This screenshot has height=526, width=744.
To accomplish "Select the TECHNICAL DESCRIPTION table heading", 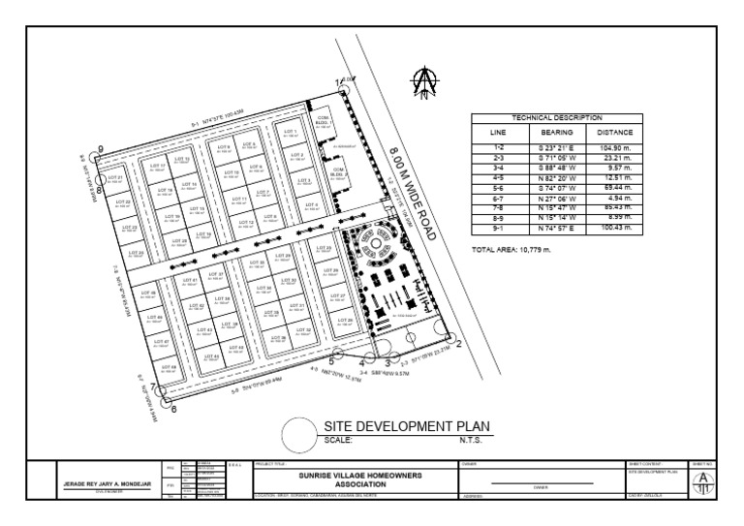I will coord(555,116).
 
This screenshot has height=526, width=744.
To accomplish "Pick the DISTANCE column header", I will coord(614,131).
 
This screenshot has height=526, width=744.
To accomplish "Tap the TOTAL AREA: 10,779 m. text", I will coord(511,250).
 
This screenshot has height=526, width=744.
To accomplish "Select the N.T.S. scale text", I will coord(470,438).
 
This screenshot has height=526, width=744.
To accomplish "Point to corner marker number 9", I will coord(99,150).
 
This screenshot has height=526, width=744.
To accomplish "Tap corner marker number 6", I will coord(173,409).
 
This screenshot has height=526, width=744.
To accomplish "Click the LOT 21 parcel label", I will coord(115,178).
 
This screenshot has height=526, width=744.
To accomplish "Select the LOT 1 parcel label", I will coord(291,130).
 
